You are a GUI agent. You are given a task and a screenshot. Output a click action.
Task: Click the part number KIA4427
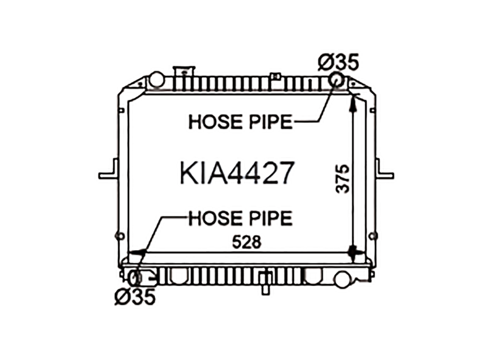click(237, 173)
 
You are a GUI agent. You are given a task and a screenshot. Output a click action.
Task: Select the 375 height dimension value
click(342, 179)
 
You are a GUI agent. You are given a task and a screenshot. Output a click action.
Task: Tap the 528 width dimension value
click(247, 242)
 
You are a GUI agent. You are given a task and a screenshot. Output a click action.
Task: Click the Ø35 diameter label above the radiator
click(338, 62)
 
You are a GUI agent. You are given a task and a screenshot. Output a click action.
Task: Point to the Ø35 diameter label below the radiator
click(135, 297)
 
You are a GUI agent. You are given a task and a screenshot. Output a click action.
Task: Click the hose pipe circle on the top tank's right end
click(337, 80)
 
